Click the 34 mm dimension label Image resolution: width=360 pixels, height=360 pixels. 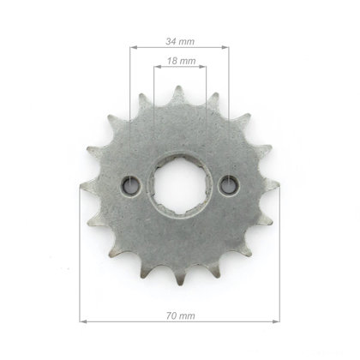(x=180, y=41)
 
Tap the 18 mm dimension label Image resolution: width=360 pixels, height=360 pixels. (x=182, y=61)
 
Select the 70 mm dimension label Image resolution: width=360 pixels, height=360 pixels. (x=181, y=315)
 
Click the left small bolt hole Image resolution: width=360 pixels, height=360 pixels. (x=131, y=185)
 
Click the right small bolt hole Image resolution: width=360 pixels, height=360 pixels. (x=229, y=185)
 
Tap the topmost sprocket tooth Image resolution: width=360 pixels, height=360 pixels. (x=178, y=93)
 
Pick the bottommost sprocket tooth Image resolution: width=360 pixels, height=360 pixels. (x=180, y=276)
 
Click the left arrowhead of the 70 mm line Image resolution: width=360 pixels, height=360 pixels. (x=83, y=321)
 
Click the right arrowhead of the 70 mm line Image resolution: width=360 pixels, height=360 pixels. (x=276, y=321)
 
